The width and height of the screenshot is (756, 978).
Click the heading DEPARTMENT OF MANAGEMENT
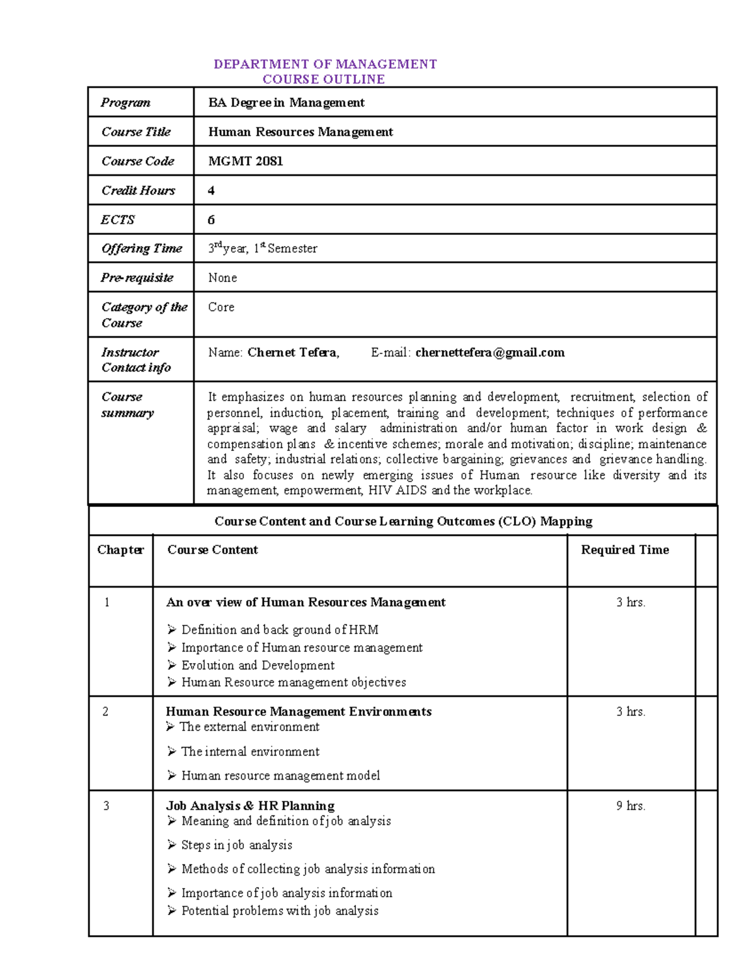325,64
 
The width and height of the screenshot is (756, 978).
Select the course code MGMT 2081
246,161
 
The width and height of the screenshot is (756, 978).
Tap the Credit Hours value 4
211,190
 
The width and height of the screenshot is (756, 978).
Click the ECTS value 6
211,220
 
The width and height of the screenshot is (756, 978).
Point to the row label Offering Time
142,249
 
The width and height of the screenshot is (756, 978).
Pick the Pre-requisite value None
222,278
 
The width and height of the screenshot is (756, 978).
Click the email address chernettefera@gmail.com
490,353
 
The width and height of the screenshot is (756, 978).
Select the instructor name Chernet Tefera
293,353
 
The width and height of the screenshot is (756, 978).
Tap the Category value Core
221,307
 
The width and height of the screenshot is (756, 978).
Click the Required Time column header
624,550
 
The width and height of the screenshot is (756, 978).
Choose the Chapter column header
120,550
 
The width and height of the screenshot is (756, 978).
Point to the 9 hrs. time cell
631,806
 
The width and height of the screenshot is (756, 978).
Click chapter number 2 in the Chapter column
106,712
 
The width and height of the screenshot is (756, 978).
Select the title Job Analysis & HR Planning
250,806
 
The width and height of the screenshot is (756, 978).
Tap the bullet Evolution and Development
258,666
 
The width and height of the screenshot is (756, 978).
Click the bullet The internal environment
250,752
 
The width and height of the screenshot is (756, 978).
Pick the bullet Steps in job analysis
237,845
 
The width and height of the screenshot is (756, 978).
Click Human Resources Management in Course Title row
301,132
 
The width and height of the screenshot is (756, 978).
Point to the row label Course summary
127,405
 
